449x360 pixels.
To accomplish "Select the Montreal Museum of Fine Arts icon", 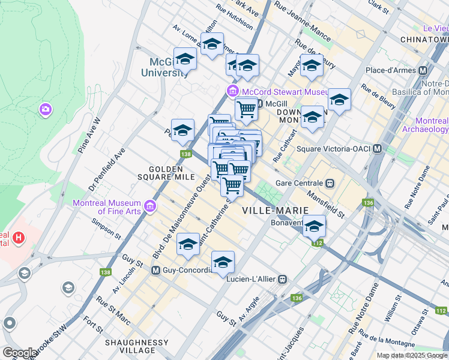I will click(149, 207).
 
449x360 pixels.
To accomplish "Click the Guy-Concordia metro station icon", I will click(155, 270).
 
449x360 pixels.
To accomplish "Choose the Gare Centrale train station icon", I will click(330, 183).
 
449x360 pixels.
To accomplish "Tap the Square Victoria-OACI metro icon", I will click(378, 148).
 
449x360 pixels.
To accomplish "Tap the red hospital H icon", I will click(20, 238).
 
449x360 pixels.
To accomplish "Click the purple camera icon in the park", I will click(45, 109).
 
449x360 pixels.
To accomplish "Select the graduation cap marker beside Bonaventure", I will click(314, 226).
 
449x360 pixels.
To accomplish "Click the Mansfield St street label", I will click(325, 204).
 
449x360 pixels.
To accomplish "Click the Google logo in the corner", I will click(20, 352).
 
